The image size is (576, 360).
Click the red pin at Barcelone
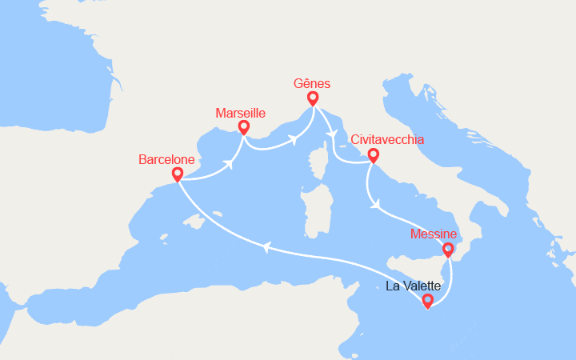pyautogui.click(x=178, y=174)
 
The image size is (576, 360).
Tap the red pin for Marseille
pyautogui.click(x=243, y=127)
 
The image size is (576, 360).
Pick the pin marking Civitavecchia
pyautogui.click(x=372, y=156)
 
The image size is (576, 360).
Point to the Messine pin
pyautogui.click(x=447, y=250)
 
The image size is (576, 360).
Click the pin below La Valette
pyautogui.click(x=427, y=301)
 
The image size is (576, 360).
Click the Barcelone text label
pyautogui.click(x=166, y=160)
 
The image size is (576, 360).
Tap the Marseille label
pyautogui.click(x=241, y=113)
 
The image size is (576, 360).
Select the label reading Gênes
pyautogui.click(x=311, y=83)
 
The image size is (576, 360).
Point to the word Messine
pyautogui.click(x=433, y=234)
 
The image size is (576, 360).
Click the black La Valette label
pyautogui.click(x=413, y=286)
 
